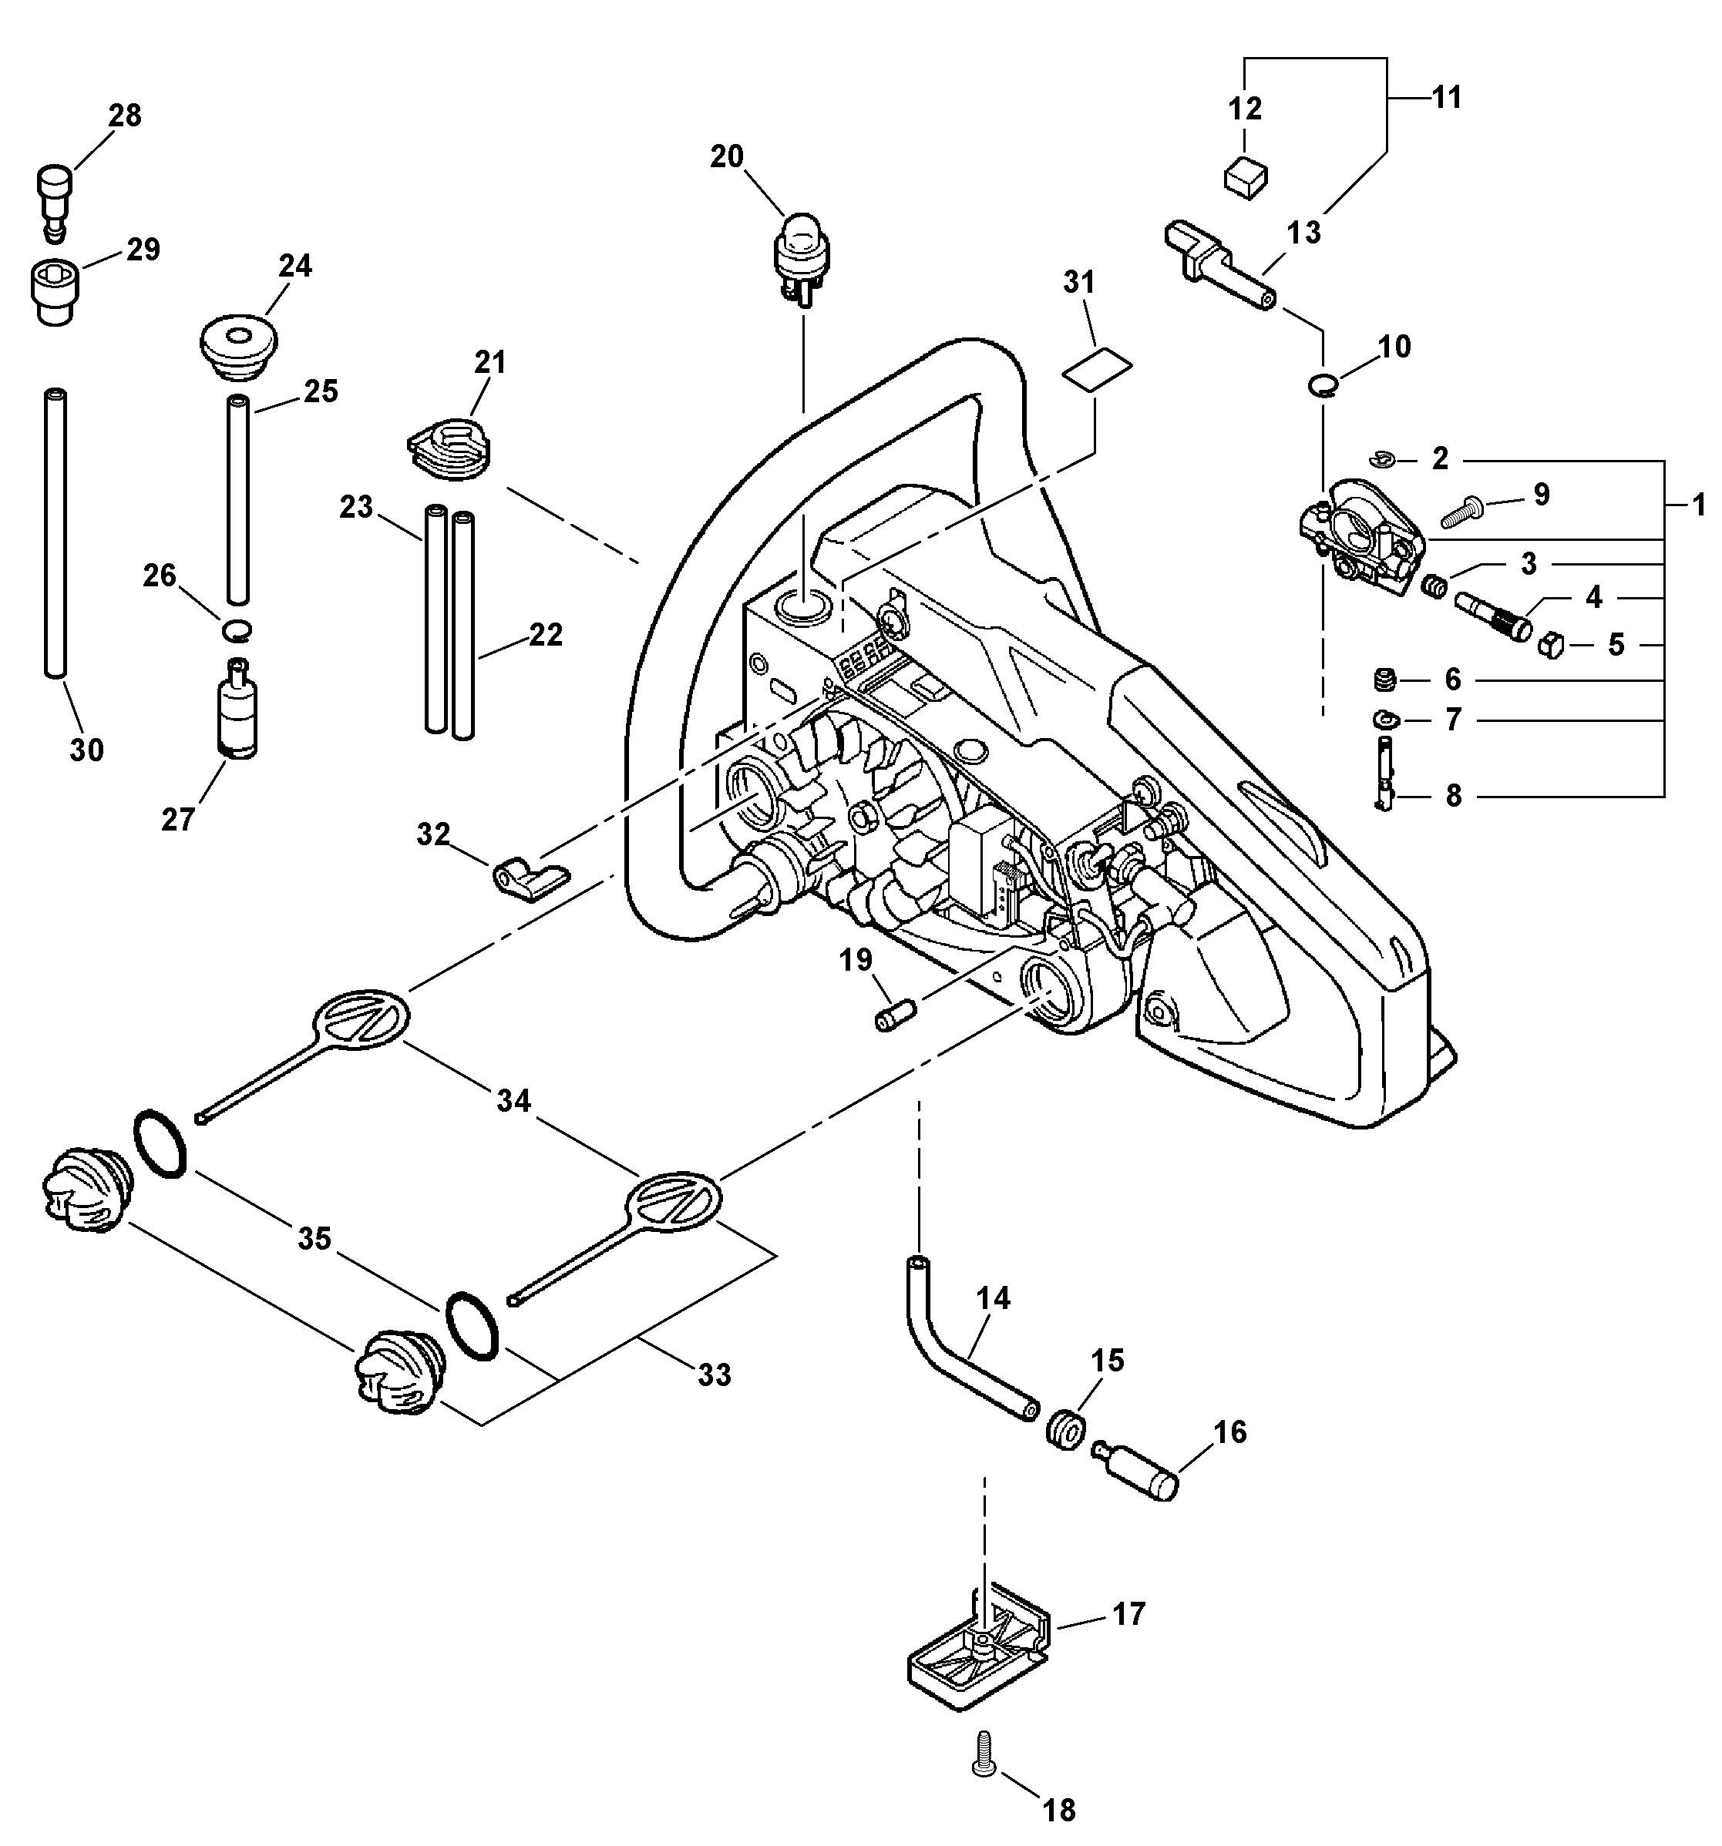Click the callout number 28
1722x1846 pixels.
click(126, 116)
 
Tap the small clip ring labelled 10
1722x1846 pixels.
click(1323, 384)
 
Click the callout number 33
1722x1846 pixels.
click(715, 1374)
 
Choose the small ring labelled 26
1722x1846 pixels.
click(237, 630)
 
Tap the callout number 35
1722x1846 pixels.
click(314, 1239)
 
